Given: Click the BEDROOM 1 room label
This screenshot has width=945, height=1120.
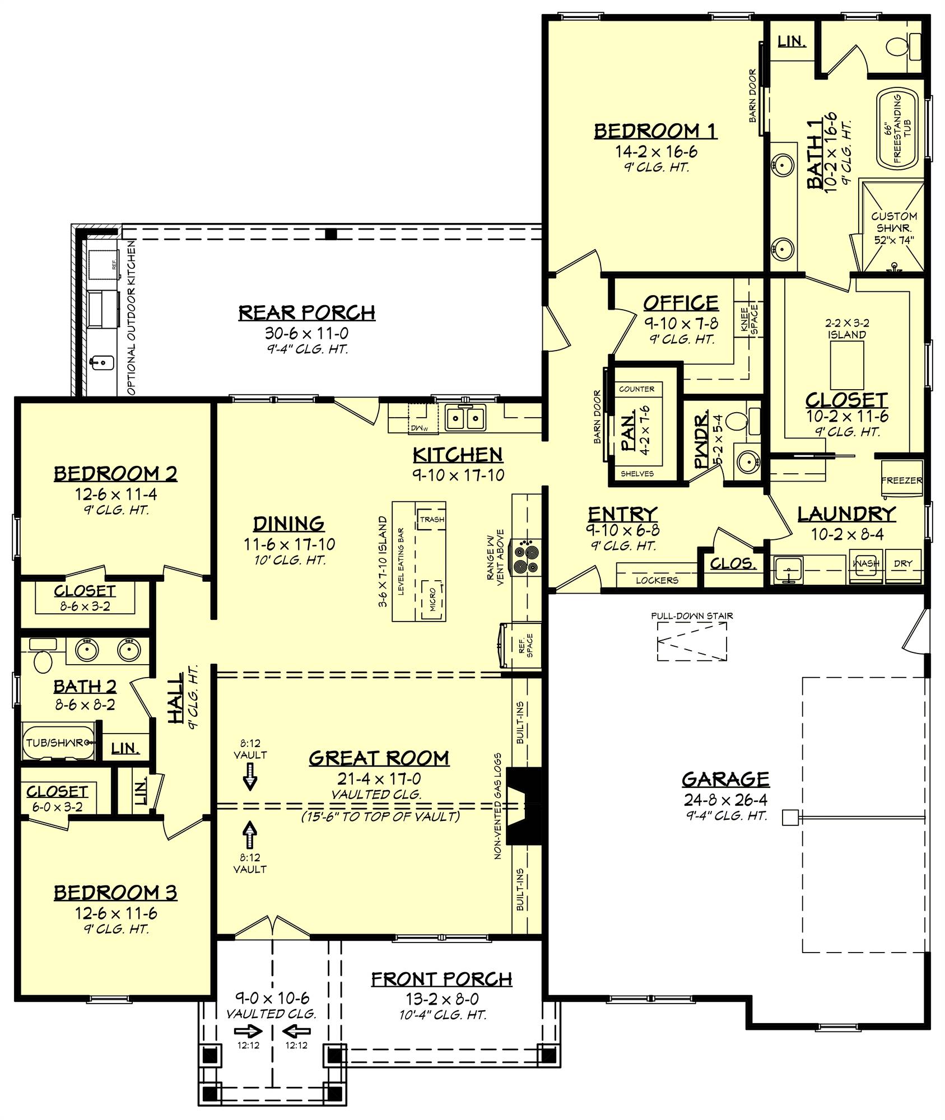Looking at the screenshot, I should pyautogui.click(x=655, y=131).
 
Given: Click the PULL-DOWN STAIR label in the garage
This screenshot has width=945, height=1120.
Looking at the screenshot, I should pyautogui.click(x=692, y=616).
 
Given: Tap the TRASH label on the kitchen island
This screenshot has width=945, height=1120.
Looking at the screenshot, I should pyautogui.click(x=432, y=519).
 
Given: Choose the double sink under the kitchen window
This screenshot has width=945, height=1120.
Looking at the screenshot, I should pyautogui.click(x=464, y=418).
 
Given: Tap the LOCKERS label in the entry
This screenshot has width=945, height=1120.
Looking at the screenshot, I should pyautogui.click(x=657, y=580).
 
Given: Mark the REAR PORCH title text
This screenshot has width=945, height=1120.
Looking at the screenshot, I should pyautogui.click(x=306, y=312).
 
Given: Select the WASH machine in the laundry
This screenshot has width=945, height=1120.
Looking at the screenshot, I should pyautogui.click(x=866, y=564).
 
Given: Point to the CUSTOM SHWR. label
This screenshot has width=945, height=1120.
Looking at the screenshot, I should pyautogui.click(x=894, y=222).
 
